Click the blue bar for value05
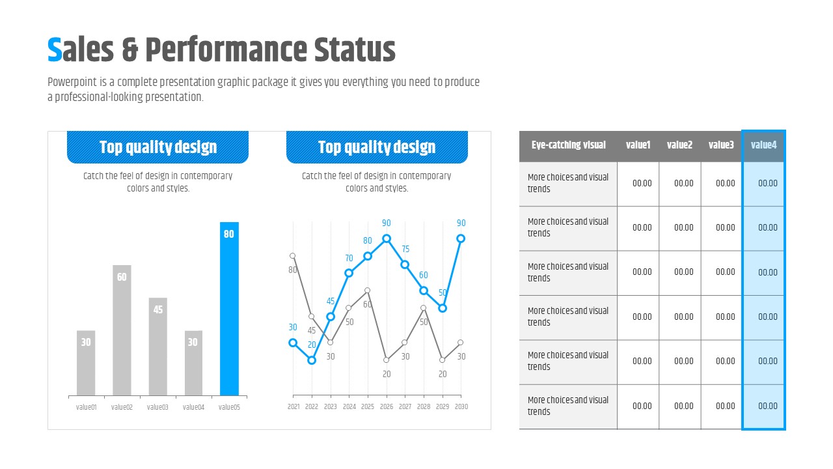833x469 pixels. [x=229, y=309]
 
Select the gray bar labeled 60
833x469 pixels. [x=122, y=330]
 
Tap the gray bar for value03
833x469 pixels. [x=157, y=347]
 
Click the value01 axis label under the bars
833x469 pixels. [x=87, y=407]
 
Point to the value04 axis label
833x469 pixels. [x=193, y=407]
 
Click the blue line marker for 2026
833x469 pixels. [x=387, y=238]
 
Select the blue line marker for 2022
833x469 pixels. [x=312, y=360]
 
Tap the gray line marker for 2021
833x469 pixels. [x=293, y=256]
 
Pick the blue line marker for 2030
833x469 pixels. [x=461, y=238]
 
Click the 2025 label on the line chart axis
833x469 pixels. [x=368, y=406]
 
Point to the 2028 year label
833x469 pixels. [x=424, y=406]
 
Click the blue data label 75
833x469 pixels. [x=405, y=249]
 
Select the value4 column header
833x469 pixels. [x=763, y=145]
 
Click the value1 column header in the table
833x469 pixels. [x=638, y=145]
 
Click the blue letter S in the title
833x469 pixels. [x=55, y=50]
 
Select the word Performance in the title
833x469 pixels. [x=226, y=50]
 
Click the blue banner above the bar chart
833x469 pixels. [x=157, y=147]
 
